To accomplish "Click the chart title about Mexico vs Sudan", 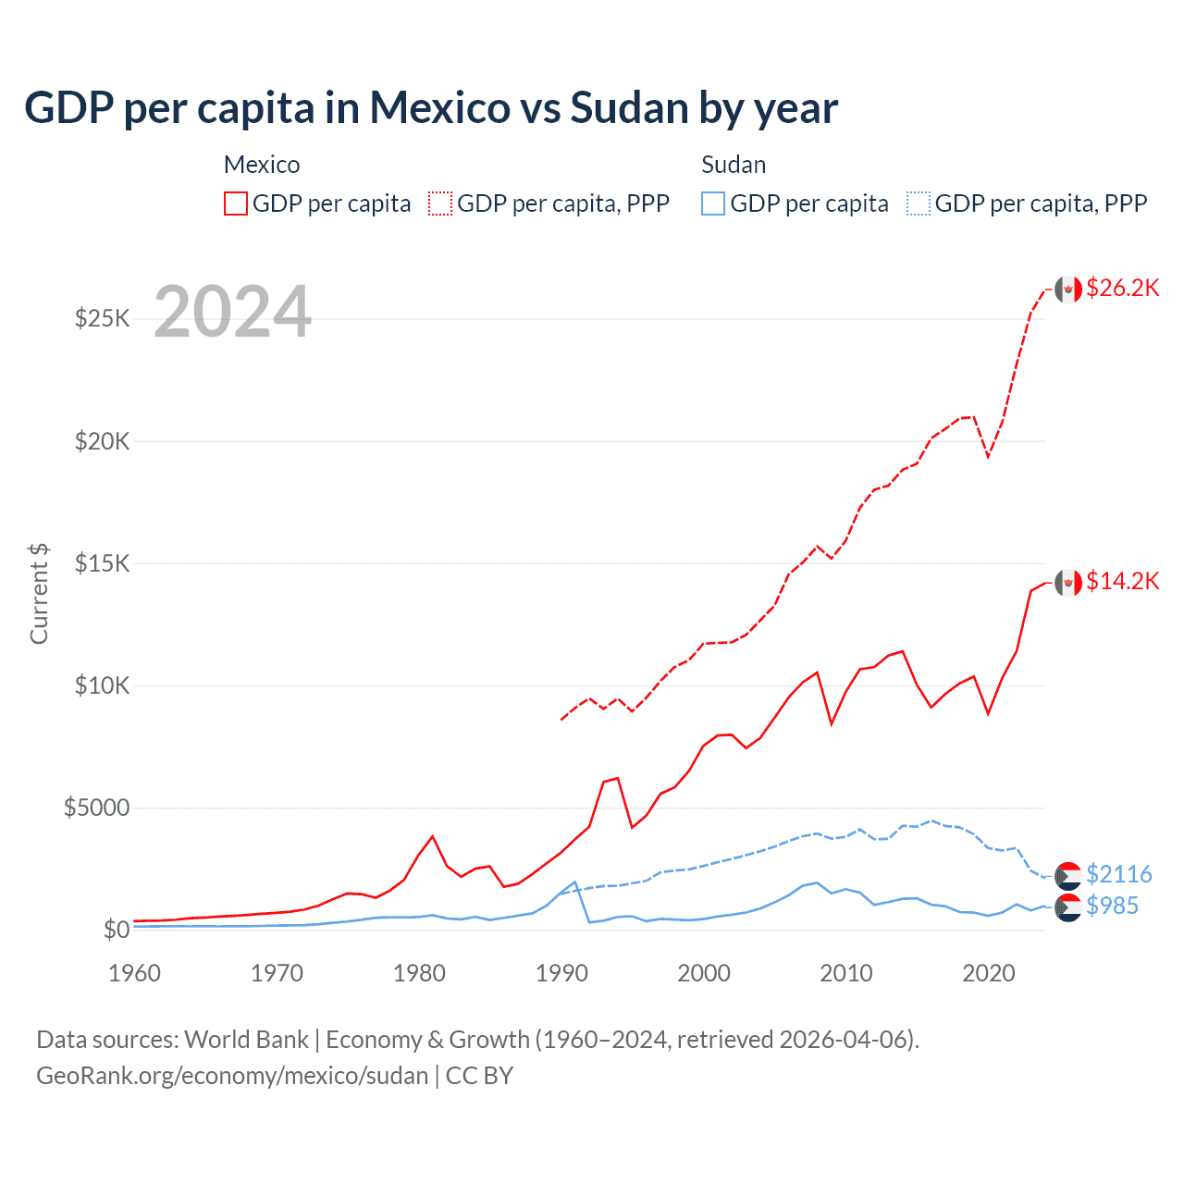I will (x=431, y=108).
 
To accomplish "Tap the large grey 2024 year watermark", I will (x=232, y=312).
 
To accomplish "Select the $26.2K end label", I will (x=1122, y=288).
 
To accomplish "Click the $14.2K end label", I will (x=1122, y=581).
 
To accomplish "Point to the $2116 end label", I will (x=1118, y=874).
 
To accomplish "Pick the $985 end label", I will (x=1112, y=906).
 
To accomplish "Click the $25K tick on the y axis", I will (x=103, y=319).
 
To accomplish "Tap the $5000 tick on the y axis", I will (x=97, y=808).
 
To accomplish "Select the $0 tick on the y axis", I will (x=116, y=930).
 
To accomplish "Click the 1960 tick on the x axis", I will (x=135, y=973).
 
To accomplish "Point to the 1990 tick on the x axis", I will (x=561, y=973).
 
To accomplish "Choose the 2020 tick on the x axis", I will (x=989, y=973).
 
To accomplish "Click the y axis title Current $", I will (x=39, y=593).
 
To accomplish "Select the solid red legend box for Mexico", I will (x=236, y=203).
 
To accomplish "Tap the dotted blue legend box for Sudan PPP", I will (x=919, y=203).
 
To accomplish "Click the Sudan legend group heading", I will (x=734, y=165).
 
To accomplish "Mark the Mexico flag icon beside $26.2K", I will (x=1067, y=290).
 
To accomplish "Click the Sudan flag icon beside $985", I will (x=1067, y=907).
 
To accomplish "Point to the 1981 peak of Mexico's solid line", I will (x=432, y=836).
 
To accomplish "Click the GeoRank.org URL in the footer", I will (x=232, y=1076).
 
